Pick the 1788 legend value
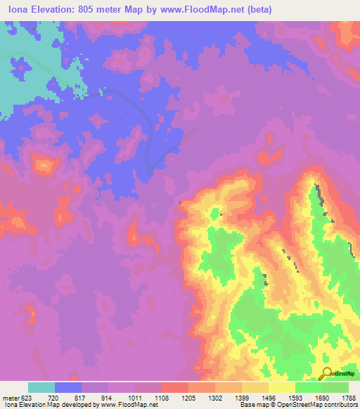pos(348,397)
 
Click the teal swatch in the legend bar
pos(41,387)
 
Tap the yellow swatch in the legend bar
pos(282,387)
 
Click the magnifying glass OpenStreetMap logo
pos(327,373)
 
